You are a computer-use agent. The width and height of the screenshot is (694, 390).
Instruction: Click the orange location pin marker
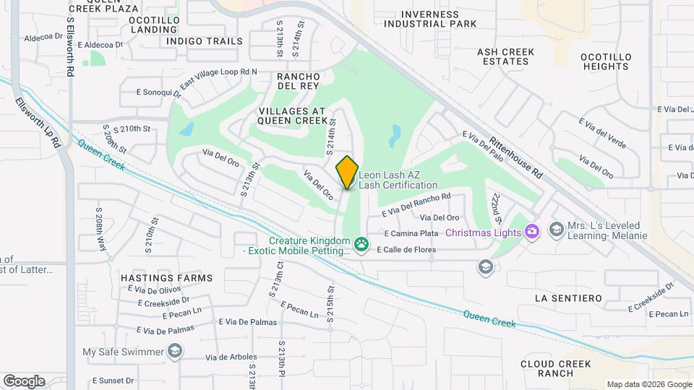[348, 172]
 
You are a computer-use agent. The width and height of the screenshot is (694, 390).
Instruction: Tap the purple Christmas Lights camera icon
[532, 231]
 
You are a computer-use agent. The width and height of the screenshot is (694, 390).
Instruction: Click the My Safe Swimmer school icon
[174, 352]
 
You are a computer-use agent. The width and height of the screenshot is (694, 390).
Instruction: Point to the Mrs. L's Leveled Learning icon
[556, 230]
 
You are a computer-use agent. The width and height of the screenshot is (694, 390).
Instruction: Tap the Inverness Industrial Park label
[430, 19]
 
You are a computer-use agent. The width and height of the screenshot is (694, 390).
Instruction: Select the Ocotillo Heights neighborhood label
[607, 61]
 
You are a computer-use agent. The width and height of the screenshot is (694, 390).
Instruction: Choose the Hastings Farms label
[167, 278]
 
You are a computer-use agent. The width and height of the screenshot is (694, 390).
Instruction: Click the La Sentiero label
[568, 298]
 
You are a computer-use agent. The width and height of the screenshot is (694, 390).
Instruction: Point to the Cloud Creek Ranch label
[556, 368]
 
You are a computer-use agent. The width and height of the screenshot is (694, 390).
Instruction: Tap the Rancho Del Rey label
[299, 81]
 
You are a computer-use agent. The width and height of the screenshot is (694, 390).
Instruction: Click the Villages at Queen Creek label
[293, 116]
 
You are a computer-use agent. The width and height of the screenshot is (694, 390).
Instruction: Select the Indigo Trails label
[205, 41]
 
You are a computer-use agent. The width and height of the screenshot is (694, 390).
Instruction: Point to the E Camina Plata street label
[411, 233]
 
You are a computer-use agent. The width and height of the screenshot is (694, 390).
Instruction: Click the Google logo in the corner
[24, 381]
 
